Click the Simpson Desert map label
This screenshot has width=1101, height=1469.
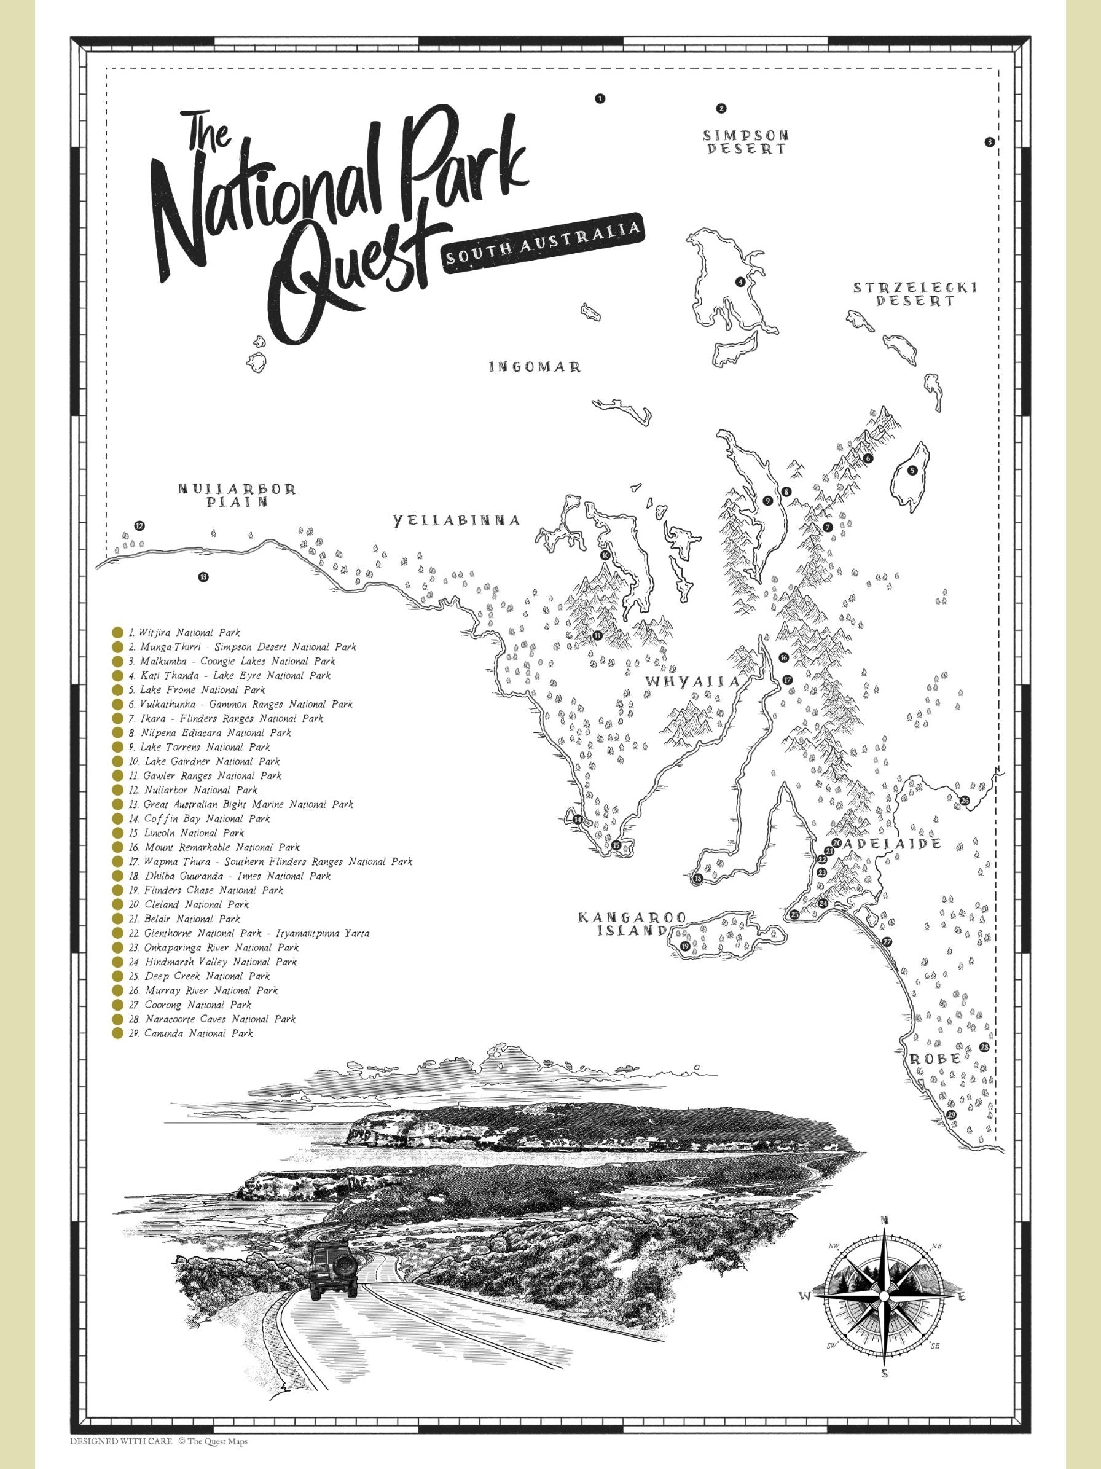746,142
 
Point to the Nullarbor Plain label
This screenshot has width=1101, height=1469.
237,495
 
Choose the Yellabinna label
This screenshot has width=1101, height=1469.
455,520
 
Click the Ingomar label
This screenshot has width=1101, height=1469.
535,367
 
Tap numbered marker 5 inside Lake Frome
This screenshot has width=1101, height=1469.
912,470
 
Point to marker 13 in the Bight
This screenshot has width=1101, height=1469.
203,576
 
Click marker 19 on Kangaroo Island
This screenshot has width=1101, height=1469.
684,946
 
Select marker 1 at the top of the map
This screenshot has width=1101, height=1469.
600,98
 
